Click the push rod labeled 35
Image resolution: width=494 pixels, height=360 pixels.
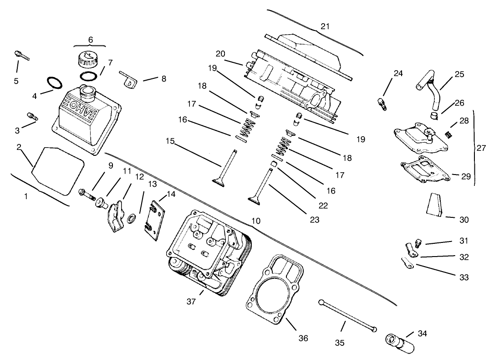[x=348, y=315]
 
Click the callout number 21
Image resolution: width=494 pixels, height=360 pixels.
[x=325, y=26]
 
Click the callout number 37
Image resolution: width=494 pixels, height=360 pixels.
[x=192, y=301]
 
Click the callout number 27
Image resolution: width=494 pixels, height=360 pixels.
[x=481, y=148]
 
